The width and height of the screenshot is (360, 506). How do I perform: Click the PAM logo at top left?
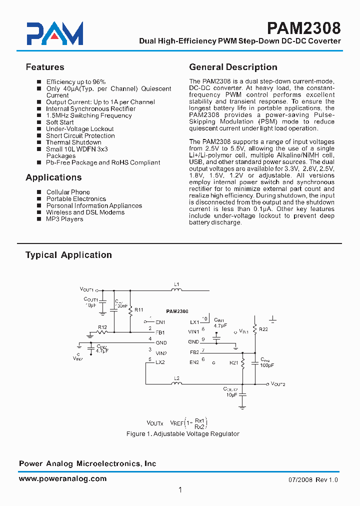coord(55,34)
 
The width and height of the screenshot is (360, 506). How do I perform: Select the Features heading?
coord(45,67)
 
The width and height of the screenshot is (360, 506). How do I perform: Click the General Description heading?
coord(233,67)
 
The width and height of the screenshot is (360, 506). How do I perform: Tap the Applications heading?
coord(53,177)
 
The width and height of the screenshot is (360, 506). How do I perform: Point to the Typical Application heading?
coord(68,255)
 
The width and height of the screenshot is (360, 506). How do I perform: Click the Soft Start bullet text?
coord(59,122)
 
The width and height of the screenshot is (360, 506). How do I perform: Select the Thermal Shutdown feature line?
coord(73,142)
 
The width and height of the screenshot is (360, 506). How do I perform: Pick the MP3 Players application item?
coord(64,219)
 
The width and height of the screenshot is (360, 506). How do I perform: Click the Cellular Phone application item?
coord(68,192)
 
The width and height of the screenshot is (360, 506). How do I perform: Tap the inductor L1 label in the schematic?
coord(176,284)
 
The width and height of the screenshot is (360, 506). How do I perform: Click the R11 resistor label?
coord(139,310)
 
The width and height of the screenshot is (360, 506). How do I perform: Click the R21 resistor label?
coord(233,363)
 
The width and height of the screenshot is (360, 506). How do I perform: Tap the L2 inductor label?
coord(176,378)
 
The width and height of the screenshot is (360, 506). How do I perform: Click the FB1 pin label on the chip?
coord(160,332)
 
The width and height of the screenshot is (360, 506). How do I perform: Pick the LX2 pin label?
coord(160,362)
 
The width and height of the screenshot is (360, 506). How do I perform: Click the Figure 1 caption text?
coord(183,434)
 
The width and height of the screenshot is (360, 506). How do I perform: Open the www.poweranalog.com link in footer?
coord(62,478)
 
